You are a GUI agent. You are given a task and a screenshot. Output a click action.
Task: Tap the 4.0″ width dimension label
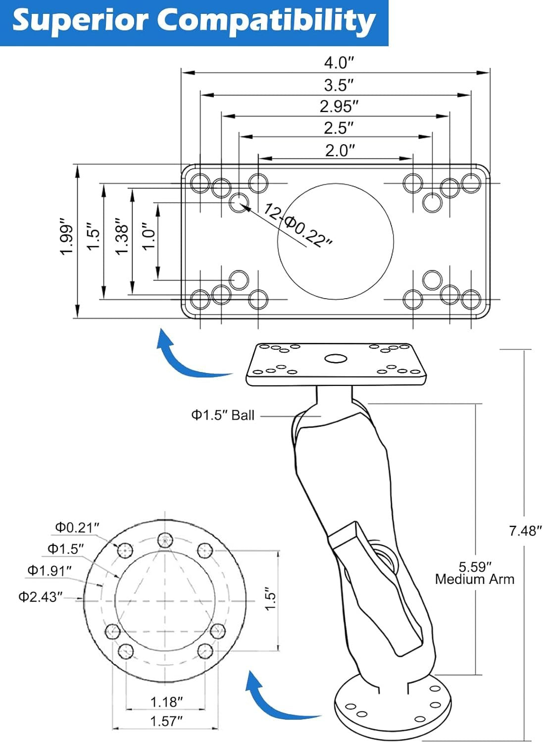click(x=339, y=62)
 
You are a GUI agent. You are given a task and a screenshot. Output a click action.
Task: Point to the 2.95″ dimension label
click(x=339, y=106)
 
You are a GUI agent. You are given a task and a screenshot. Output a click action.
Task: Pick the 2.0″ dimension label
click(x=340, y=151)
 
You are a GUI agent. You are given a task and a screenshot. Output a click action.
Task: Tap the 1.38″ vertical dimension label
click(x=122, y=236)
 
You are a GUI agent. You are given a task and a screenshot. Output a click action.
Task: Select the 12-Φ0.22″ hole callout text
click(x=297, y=225)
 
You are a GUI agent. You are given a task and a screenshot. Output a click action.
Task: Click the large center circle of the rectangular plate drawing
click(x=335, y=242)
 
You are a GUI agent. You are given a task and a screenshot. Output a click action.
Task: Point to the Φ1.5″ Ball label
click(x=223, y=415)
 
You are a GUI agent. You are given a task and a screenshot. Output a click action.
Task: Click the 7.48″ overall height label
click(x=525, y=531)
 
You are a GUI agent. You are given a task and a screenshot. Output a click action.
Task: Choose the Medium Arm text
click(x=474, y=579)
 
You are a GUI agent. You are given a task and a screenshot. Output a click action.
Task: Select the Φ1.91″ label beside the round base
click(x=49, y=570)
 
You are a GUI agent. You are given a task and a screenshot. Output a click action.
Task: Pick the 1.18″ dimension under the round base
click(x=166, y=702)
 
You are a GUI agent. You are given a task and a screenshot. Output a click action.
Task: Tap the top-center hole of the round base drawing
click(x=165, y=541)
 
